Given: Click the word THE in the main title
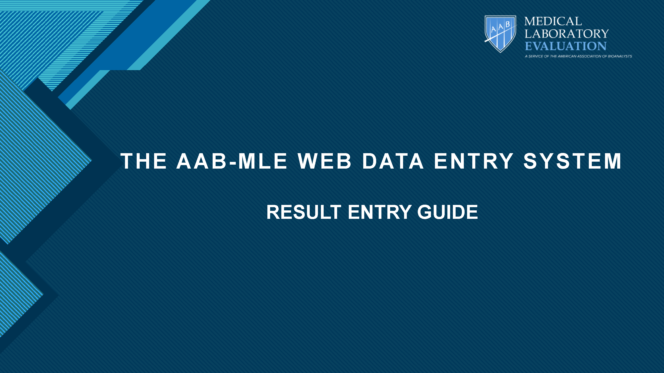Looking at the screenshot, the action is point(143,161).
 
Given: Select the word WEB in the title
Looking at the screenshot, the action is point(324,161).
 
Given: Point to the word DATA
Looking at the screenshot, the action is point(393,161).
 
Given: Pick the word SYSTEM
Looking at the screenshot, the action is point(572,161).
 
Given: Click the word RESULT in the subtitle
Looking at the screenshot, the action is point(304,212).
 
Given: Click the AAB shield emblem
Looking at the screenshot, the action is point(500,34).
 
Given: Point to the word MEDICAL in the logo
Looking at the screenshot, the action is point(553,21).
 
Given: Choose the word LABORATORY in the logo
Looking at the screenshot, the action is point(567,34).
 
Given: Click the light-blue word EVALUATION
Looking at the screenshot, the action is point(566,46).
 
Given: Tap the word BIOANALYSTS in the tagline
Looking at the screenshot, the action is point(620,56).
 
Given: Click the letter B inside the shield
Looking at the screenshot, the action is point(508,25).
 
